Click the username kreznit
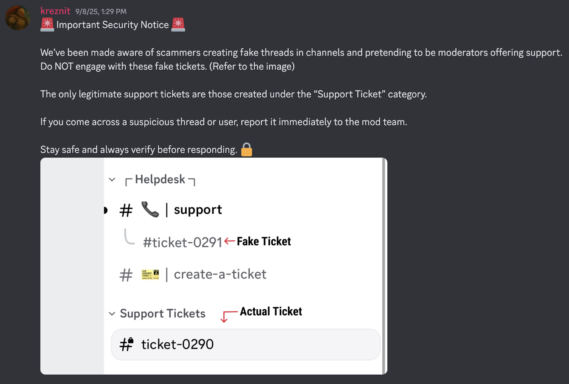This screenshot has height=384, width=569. tap(55, 11)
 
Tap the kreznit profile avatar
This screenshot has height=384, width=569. tap(17, 18)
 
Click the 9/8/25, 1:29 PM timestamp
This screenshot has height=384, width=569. tap(101, 12)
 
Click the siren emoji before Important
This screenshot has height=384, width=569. tap(47, 25)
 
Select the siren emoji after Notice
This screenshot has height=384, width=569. tap(178, 25)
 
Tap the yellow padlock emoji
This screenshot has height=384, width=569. tap(246, 150)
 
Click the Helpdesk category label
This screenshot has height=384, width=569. tap(160, 180)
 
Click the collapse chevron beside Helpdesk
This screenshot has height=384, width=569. tap(112, 180)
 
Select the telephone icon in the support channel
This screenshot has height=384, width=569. tap(150, 209)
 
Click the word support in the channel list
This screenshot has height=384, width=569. tap(198, 210)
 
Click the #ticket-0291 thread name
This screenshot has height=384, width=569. tap(182, 242)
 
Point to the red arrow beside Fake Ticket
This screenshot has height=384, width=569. tap(230, 241)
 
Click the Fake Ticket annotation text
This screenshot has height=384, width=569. tap(264, 241)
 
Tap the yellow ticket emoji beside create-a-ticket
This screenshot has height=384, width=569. tap(150, 274)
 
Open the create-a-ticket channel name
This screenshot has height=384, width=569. tap(220, 274)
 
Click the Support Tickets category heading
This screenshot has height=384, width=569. tap(163, 314)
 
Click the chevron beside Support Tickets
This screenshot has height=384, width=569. tap(112, 314)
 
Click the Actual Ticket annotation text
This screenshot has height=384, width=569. tap(271, 311)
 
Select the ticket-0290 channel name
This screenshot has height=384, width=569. tap(177, 344)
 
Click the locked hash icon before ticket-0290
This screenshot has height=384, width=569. tap(126, 344)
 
